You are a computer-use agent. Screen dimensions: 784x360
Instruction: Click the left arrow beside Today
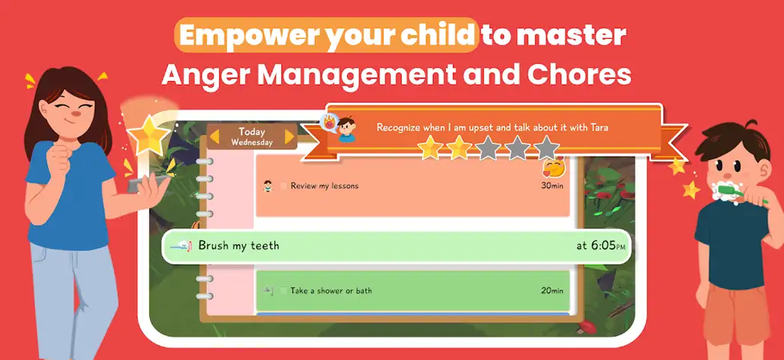(x=214, y=136)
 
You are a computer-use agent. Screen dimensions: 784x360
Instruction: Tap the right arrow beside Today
(x=289, y=136)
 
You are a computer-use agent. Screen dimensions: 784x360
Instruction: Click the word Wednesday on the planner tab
(x=252, y=142)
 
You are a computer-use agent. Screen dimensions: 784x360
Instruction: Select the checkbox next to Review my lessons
(x=283, y=186)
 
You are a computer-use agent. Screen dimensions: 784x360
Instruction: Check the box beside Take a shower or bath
(x=283, y=290)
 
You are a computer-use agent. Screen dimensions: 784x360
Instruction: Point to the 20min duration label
(x=552, y=290)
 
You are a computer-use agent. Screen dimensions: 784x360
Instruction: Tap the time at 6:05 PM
(x=600, y=245)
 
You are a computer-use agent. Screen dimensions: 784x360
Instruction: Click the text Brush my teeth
(x=238, y=245)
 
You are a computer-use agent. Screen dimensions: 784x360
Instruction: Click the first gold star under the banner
(x=430, y=148)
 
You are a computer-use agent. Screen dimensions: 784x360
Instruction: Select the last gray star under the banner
(x=546, y=148)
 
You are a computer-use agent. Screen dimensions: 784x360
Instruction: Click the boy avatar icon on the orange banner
(x=346, y=130)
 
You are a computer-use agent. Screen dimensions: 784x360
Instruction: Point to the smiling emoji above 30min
(x=553, y=167)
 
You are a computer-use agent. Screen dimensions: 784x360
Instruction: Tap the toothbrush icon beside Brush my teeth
(x=181, y=245)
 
